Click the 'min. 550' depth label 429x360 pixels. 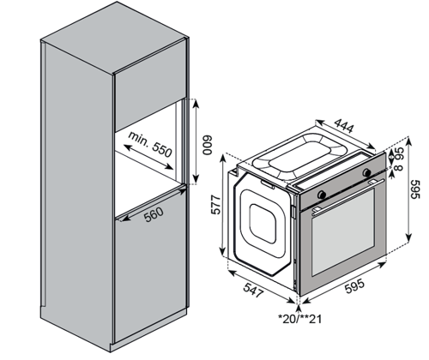click(150, 144)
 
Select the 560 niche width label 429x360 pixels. click(154, 214)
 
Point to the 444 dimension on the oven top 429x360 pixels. click(344, 125)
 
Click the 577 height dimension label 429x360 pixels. click(216, 205)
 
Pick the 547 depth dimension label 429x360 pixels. click(253, 290)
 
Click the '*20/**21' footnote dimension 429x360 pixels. click(300, 319)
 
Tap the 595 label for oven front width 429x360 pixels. click(354, 285)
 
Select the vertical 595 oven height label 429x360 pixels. click(415, 189)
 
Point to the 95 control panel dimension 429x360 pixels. click(399, 153)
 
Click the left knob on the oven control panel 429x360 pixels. click(322, 195)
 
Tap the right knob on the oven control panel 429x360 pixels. click(366, 172)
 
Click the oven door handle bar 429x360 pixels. click(348, 195)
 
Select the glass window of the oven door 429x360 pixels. click(343, 231)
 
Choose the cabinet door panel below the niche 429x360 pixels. click(150, 264)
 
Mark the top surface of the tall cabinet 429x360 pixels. click(114, 37)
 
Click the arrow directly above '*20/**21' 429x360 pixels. click(299, 309)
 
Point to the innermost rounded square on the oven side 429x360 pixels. click(263, 225)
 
